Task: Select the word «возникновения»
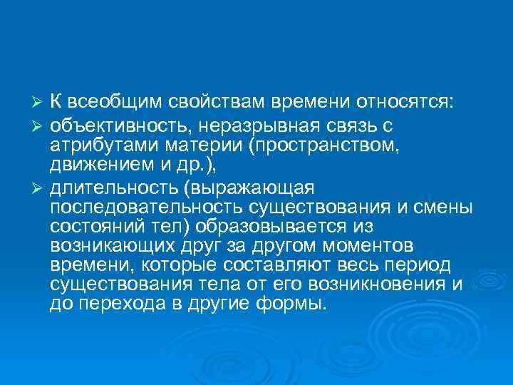click(x=375, y=285)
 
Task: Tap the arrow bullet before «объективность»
click(x=40, y=126)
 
